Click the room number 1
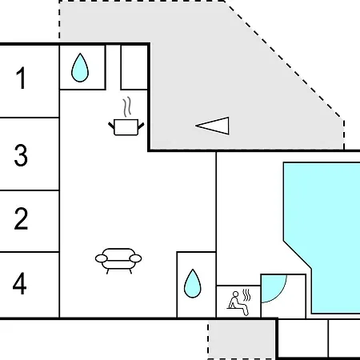point(22,78)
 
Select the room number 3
point(21,155)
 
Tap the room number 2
point(21,218)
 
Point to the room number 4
point(20,283)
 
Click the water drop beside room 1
point(80,68)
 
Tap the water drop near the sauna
point(193,283)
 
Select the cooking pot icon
point(126,127)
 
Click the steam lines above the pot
point(127,106)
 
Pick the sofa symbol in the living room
point(118,261)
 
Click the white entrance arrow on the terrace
point(214,126)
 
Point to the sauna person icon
point(238,303)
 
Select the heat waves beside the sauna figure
point(247,295)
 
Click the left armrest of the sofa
point(102,258)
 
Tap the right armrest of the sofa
point(135,258)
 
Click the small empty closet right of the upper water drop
point(134,66)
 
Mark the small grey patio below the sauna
point(242,339)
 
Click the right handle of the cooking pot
point(141,126)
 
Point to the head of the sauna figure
point(235,294)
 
